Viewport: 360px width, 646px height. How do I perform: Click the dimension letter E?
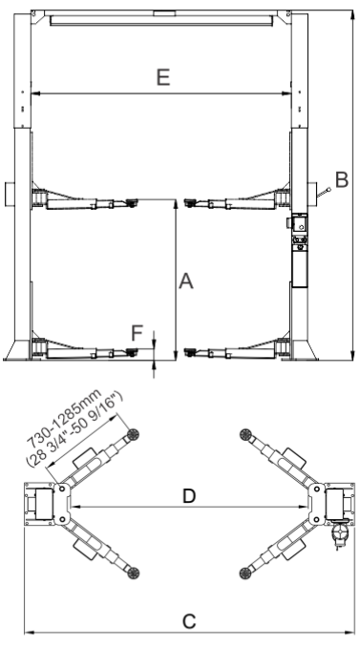(x=163, y=77)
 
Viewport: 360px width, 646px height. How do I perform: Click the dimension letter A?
(x=186, y=281)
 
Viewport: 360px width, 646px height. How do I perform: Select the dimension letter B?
(x=342, y=180)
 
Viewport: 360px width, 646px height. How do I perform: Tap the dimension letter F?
(x=137, y=333)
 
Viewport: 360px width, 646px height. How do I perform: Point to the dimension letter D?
(x=188, y=496)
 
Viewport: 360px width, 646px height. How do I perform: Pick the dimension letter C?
(x=189, y=621)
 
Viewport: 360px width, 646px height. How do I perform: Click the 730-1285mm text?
(x=64, y=418)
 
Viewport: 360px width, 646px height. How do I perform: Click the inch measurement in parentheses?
(x=75, y=429)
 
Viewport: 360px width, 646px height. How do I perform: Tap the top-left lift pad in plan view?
(x=133, y=434)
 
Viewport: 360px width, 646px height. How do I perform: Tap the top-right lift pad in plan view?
(x=245, y=434)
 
